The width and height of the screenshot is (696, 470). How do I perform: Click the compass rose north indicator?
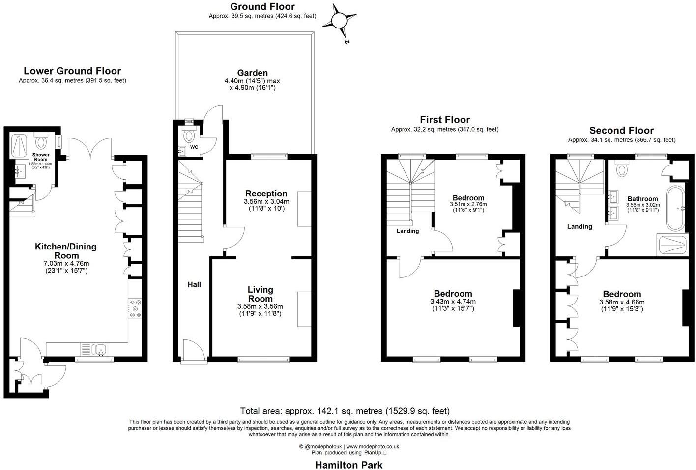339,21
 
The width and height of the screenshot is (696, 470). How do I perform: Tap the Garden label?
252,73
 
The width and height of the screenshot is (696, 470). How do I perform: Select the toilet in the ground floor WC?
189,135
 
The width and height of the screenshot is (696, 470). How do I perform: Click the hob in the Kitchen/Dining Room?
135,308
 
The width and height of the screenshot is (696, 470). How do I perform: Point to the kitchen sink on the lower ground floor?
100,350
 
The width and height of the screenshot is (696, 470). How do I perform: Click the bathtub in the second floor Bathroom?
675,208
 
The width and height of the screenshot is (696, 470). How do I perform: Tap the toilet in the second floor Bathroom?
623,169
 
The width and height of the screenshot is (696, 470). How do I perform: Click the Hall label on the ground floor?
194,284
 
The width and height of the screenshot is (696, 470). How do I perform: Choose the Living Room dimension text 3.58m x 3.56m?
260,306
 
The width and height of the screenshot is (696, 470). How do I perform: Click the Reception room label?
266,194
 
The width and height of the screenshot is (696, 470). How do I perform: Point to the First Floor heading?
444,120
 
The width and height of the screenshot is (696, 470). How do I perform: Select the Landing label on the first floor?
407,231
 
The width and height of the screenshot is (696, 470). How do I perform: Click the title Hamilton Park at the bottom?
348,465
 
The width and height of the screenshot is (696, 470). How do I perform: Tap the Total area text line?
345,411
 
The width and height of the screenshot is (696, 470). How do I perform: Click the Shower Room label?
41,157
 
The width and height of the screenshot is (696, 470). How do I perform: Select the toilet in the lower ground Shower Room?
41,142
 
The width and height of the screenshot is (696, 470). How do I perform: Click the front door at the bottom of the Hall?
192,351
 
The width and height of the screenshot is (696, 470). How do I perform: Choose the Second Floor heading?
621,130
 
